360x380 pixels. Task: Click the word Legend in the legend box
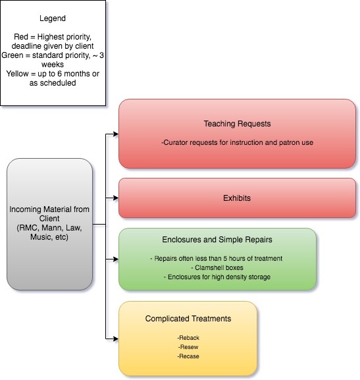click(x=53, y=18)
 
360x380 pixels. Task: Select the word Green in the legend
click(x=13, y=55)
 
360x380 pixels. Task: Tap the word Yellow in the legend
click(x=18, y=74)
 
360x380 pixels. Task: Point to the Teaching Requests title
click(x=237, y=124)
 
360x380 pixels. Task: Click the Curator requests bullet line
click(x=237, y=142)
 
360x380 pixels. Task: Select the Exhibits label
click(x=237, y=198)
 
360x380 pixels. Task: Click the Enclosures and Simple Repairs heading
click(x=217, y=240)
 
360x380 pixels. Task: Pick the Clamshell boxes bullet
click(x=217, y=267)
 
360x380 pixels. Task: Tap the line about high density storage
click(x=217, y=277)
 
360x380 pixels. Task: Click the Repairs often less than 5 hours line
click(x=217, y=258)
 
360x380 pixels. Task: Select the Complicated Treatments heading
click(x=188, y=319)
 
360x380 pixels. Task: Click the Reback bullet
click(x=188, y=338)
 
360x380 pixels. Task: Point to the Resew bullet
click(x=188, y=347)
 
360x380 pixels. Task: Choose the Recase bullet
click(x=188, y=356)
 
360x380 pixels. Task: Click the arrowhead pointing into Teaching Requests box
click(x=116, y=134)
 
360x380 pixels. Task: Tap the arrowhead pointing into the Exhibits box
click(x=116, y=198)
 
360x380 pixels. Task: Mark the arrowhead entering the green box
click(x=116, y=259)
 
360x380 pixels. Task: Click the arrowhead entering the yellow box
click(x=116, y=339)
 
